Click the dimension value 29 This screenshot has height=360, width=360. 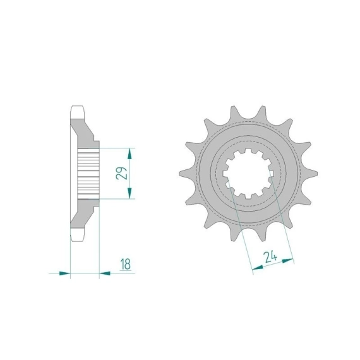click(121, 173)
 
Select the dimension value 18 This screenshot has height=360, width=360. click(126, 264)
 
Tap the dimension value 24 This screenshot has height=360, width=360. click(270, 257)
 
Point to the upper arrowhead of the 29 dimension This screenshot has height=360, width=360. click(129, 153)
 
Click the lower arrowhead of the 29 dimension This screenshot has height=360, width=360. click(129, 193)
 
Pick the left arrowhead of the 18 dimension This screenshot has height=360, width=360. click(64, 273)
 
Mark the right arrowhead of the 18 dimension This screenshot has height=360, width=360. click(105, 273)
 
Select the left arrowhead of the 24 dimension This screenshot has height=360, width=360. click(258, 267)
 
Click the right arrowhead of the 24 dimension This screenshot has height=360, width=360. click(287, 261)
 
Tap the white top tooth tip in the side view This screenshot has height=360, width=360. click(77, 112)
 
